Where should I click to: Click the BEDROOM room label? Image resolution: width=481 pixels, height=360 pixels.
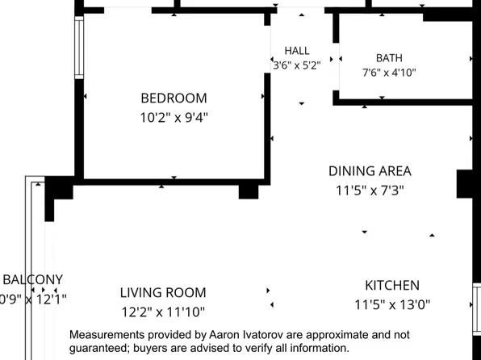[174, 98]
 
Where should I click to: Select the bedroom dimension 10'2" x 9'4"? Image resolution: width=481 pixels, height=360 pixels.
[174, 117]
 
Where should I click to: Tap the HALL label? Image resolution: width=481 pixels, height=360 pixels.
[297, 51]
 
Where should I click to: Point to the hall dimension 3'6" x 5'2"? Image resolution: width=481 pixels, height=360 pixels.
[297, 65]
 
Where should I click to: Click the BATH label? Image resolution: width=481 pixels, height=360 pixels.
[389, 58]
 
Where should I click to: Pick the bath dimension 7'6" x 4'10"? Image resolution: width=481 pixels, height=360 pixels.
[389, 73]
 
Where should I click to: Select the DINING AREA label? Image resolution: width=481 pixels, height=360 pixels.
[370, 171]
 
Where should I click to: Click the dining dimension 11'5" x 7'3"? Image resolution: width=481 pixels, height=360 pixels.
[370, 190]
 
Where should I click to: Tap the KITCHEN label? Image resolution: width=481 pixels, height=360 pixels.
[392, 286]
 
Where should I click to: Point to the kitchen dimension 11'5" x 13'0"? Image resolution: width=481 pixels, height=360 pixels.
[392, 305]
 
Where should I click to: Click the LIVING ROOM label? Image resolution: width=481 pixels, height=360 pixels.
[163, 293]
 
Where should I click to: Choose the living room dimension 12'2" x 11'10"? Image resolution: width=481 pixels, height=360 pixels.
[163, 312]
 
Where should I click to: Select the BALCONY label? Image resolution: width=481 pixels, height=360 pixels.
[33, 279]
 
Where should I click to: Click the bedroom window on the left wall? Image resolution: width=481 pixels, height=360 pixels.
[79, 48]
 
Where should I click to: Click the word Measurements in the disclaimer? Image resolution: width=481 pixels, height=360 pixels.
[107, 334]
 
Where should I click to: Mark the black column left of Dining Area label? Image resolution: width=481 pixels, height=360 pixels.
[249, 192]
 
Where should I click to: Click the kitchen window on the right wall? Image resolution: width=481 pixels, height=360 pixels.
[477, 309]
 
